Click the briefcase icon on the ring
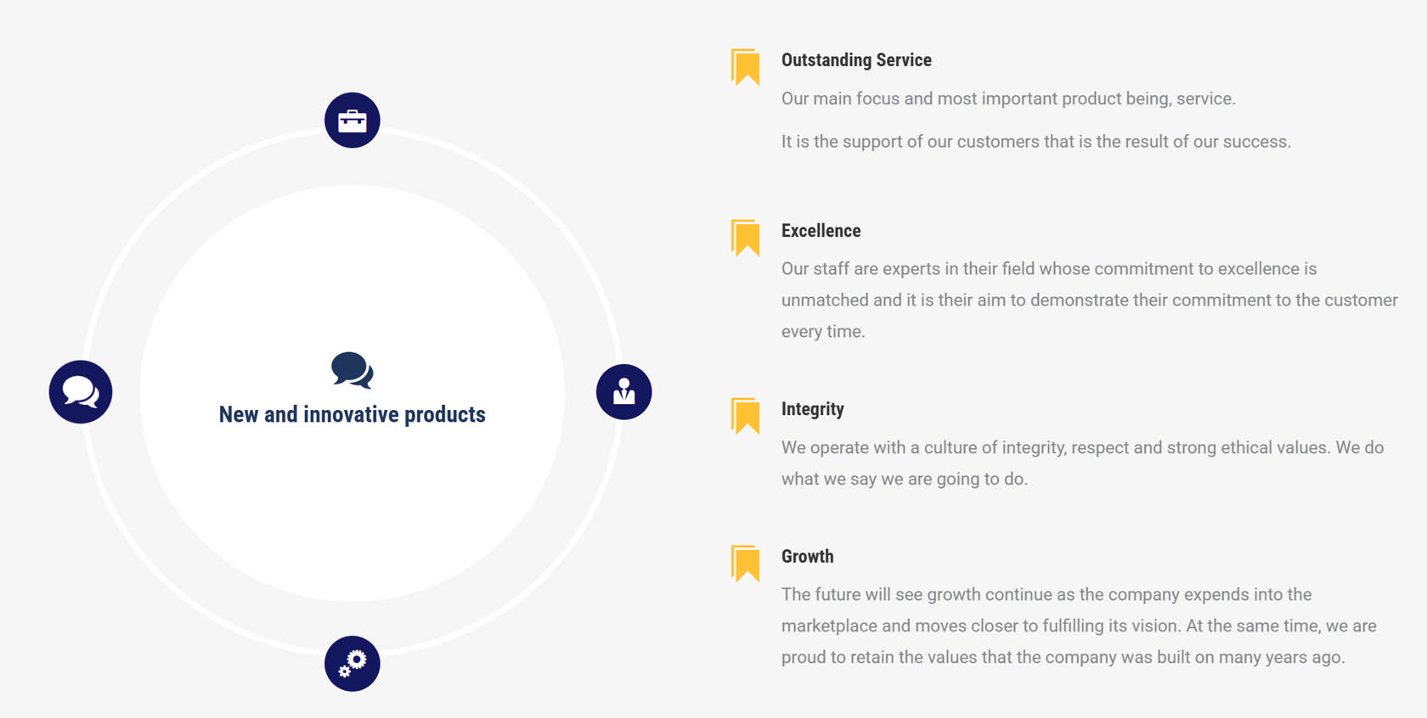pyautogui.click(x=353, y=121)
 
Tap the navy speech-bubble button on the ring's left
pyautogui.click(x=81, y=391)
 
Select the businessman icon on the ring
pyautogui.click(x=623, y=391)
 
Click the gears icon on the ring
pyautogui.click(x=353, y=664)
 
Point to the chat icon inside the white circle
pyautogui.click(x=353, y=370)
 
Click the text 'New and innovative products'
pyautogui.click(x=353, y=414)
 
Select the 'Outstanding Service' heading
pyautogui.click(x=856, y=59)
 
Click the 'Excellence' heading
pyautogui.click(x=821, y=231)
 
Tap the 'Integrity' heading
pyautogui.click(x=812, y=409)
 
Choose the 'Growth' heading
pyautogui.click(x=807, y=557)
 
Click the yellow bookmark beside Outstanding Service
pyautogui.click(x=746, y=66)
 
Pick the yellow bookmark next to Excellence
pyautogui.click(x=746, y=238)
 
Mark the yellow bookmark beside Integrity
pyautogui.click(x=746, y=416)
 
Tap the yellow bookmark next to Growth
pyautogui.click(x=746, y=564)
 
